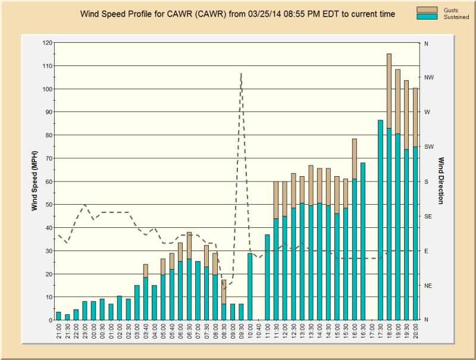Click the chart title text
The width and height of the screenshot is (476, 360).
237,14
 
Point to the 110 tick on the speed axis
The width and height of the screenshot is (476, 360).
48,66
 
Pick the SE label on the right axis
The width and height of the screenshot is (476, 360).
427,217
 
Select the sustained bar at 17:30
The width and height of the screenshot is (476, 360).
380,220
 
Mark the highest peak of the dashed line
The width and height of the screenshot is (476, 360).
241,73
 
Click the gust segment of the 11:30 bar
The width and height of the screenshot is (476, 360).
276,200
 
